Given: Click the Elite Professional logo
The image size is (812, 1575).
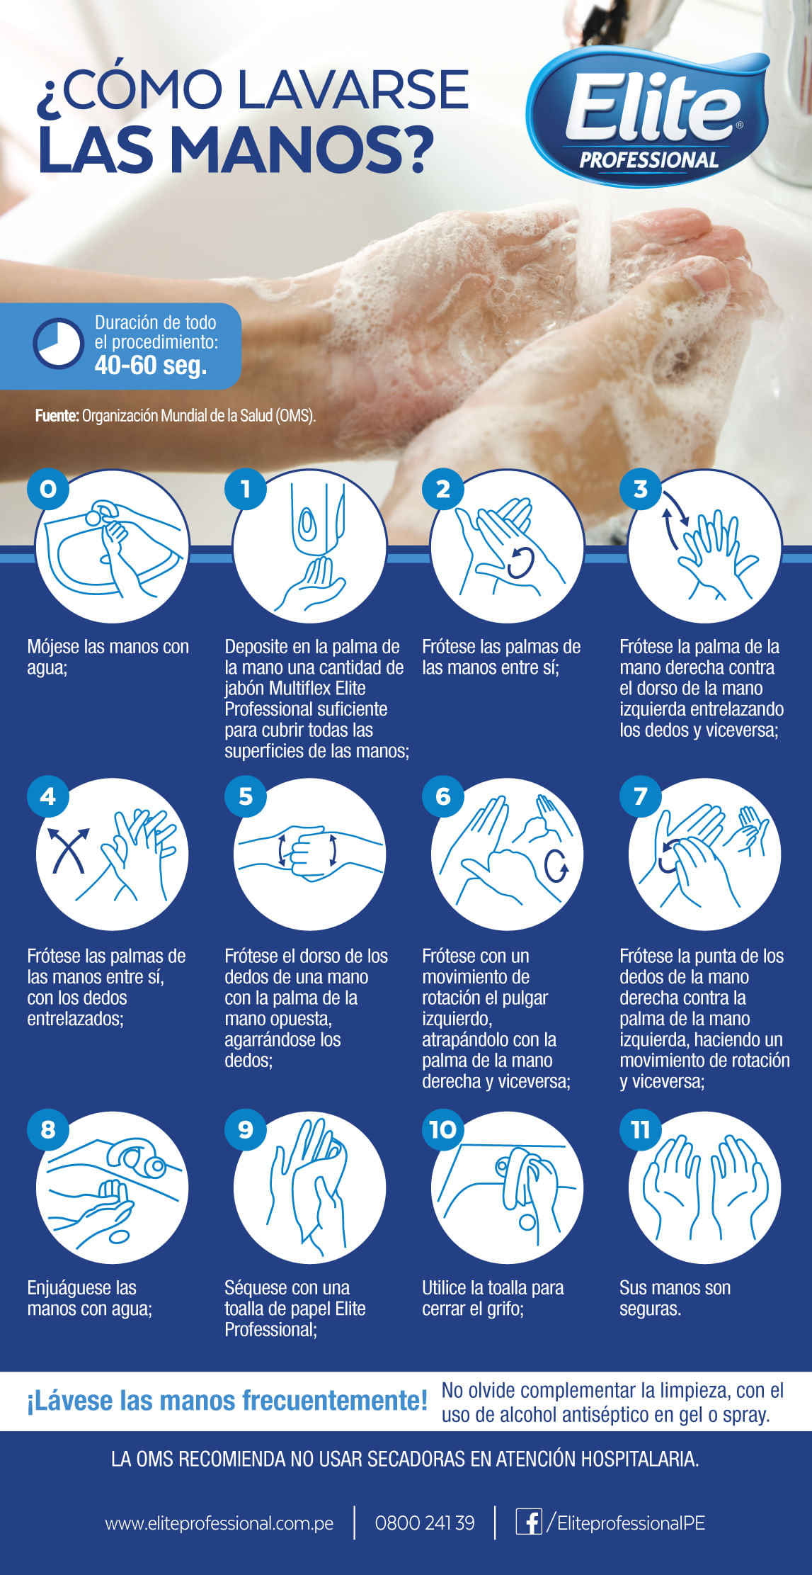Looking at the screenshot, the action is (x=648, y=117).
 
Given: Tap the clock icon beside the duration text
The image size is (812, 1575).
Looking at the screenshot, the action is (x=58, y=344).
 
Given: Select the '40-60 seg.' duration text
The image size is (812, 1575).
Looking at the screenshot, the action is (x=151, y=365).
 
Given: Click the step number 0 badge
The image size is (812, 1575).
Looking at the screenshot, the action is (x=48, y=488).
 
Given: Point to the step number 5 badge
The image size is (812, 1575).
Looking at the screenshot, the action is (x=246, y=796).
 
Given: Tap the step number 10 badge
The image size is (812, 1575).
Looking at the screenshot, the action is (x=443, y=1129).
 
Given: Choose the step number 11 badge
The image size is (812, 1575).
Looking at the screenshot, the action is (x=641, y=1129).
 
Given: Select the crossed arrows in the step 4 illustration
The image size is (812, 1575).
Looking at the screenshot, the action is (x=68, y=849).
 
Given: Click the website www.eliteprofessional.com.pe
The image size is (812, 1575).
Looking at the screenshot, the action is (x=219, y=1523).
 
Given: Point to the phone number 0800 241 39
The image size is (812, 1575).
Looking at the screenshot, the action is (x=425, y=1523).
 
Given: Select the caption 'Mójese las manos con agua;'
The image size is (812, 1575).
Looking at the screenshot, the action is (x=108, y=657).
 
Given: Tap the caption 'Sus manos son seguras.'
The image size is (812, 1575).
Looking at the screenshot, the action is (x=675, y=1298).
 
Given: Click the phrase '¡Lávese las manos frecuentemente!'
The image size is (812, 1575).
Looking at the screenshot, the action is (x=227, y=1401).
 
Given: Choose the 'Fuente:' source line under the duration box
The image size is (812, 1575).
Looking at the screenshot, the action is (x=176, y=416).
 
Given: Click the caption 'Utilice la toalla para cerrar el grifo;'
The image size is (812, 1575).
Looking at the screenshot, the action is (x=493, y=1298).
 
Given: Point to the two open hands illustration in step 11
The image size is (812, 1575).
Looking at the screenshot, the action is (x=705, y=1187).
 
